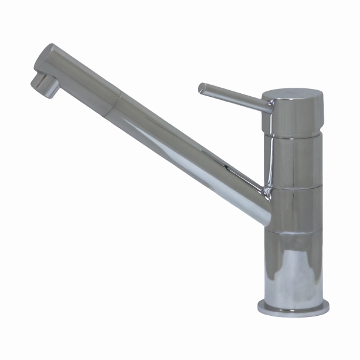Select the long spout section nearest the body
pyautogui.click(x=194, y=151)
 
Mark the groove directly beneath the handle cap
pyautogui.click(x=293, y=137)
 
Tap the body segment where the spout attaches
pyautogui.click(x=296, y=209)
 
